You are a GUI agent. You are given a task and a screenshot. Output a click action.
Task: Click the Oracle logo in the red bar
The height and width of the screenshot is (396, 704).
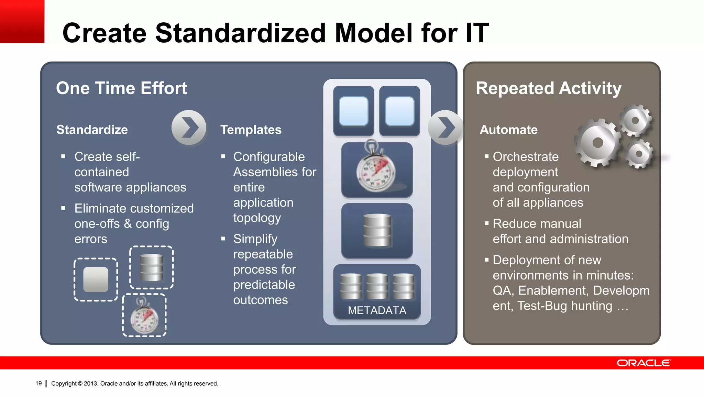[x=643, y=363]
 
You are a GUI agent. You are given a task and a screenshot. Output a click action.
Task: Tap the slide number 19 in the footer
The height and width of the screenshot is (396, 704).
[x=38, y=383]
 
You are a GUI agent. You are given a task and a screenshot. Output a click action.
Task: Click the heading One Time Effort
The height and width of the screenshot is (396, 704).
[x=121, y=88]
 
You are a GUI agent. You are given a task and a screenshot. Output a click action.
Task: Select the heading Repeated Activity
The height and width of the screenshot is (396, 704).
[x=548, y=88]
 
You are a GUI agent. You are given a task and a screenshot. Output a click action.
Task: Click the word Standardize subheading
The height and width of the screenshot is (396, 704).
[x=92, y=130]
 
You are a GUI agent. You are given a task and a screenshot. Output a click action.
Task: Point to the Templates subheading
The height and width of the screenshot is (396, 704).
[x=251, y=130]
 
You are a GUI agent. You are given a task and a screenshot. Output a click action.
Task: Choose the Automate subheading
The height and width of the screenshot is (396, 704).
[x=508, y=130]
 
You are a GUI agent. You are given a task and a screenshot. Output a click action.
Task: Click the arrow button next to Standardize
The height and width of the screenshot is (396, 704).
[x=189, y=128]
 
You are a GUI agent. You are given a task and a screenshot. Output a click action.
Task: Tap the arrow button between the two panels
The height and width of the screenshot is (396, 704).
[x=445, y=128]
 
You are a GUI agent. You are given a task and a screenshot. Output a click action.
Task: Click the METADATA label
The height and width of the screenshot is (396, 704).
[x=377, y=310]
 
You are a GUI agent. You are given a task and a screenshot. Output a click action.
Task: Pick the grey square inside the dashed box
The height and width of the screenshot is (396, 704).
[x=96, y=279]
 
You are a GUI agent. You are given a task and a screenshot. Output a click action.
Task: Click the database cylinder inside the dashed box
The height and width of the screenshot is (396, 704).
[x=152, y=267]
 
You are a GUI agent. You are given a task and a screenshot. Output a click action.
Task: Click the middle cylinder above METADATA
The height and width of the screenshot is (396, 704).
[x=377, y=286]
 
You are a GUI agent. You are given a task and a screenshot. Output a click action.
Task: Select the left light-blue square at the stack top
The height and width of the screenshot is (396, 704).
[x=353, y=111]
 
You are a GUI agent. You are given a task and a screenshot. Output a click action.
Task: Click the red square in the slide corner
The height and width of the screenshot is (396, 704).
[x=22, y=21]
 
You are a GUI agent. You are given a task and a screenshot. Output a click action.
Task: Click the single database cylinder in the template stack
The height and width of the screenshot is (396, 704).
[x=377, y=230]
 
